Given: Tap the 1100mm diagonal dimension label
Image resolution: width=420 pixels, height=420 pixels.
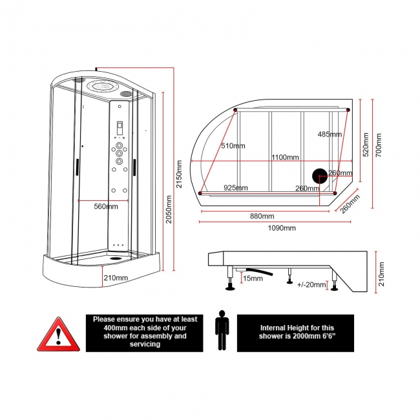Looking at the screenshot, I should tap(284, 158).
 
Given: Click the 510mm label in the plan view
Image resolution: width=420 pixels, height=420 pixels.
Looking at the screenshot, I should tap(233, 146).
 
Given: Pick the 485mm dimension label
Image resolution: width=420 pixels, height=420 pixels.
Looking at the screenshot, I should tap(330, 134).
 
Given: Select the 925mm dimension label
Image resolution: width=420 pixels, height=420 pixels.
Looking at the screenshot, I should tap(235, 188).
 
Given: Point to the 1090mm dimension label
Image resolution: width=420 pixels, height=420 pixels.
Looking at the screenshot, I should tap(282, 228).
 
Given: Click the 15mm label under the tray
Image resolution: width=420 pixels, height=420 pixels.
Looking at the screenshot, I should tap(252, 278).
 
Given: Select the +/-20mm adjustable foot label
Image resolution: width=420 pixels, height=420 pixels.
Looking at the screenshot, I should tap(313, 284).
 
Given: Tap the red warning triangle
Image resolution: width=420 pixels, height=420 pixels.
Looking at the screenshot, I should tap(57, 334).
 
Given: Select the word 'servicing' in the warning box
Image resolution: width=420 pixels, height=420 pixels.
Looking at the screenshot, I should tap(140, 344).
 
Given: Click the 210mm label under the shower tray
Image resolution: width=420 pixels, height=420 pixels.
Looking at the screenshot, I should tap(116, 278).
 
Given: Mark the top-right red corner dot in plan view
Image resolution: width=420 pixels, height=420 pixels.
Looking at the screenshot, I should tap(349, 111).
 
